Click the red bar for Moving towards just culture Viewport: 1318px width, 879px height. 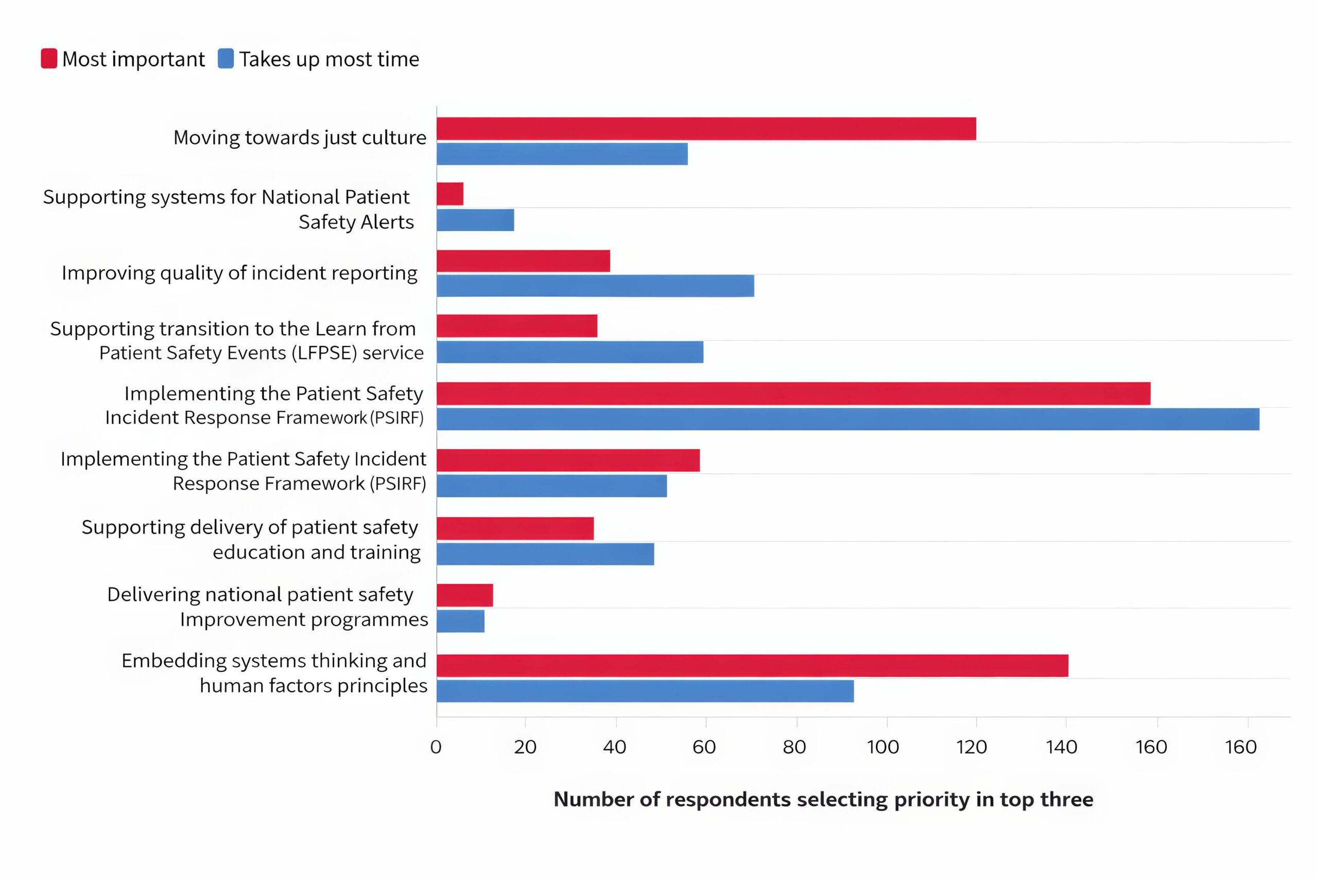tap(706, 129)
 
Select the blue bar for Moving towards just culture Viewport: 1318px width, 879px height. tap(562, 154)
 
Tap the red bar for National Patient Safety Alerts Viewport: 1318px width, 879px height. tap(450, 194)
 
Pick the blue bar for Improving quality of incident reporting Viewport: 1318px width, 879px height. tap(595, 286)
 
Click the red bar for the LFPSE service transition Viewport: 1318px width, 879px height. tap(517, 326)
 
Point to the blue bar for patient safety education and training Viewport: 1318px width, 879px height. tap(545, 554)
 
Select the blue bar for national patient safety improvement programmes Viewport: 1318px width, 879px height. tap(461, 621)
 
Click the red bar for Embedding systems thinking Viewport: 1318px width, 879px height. tap(752, 665)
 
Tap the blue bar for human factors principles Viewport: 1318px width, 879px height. tap(645, 691)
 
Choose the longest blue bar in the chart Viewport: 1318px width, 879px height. tap(848, 419)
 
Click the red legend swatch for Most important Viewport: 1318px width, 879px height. tap(49, 59)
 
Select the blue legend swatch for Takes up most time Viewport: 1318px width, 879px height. tap(226, 59)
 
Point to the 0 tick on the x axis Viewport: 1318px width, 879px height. tap(436, 747)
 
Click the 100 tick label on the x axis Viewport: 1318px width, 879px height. tap(883, 747)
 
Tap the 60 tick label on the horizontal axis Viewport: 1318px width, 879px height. tap(704, 747)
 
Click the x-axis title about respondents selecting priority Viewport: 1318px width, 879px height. tap(823, 799)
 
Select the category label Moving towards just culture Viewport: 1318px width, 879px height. tap(300, 137)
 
